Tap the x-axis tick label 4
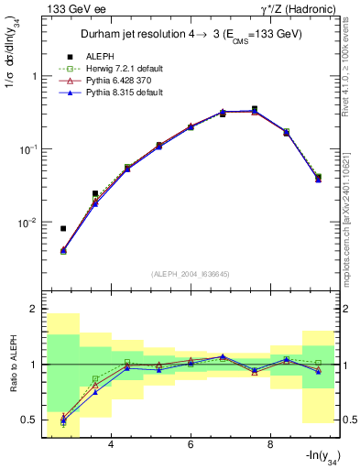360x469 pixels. pyautogui.click(x=111, y=444)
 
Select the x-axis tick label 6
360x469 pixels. pyautogui.click(x=191, y=444)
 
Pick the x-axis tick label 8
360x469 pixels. pyautogui.click(x=270, y=444)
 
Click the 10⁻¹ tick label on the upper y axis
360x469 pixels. pyautogui.click(x=27, y=149)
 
